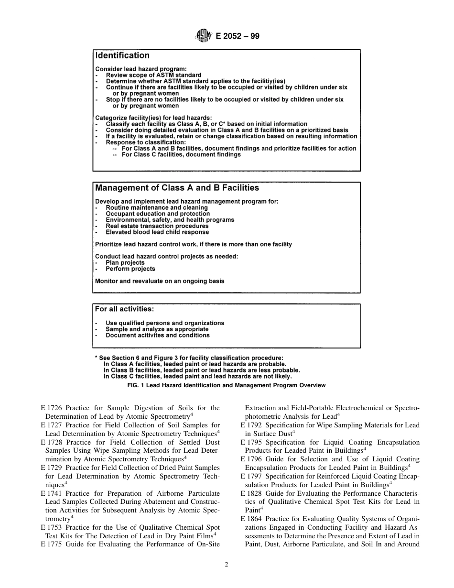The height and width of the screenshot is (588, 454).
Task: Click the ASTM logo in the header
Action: (x=204, y=36)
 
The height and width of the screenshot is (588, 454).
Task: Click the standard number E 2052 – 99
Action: (x=238, y=36)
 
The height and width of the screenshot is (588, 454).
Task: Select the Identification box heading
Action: (x=122, y=56)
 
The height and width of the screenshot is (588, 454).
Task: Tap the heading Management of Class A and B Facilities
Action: (x=177, y=188)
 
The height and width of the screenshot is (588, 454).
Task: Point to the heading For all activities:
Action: (x=124, y=309)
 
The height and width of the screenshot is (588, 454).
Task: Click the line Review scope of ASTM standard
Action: (x=153, y=75)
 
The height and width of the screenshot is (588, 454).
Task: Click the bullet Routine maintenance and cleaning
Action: (x=157, y=208)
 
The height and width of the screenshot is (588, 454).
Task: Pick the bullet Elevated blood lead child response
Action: (x=157, y=232)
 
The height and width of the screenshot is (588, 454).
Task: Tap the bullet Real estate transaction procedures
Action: (x=157, y=226)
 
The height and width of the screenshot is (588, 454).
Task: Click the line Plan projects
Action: (x=125, y=263)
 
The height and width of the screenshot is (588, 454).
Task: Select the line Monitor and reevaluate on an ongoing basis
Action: (x=160, y=281)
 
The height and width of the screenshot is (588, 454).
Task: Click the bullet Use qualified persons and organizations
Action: (x=165, y=323)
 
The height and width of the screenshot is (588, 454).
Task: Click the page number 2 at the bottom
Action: (x=227, y=565)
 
